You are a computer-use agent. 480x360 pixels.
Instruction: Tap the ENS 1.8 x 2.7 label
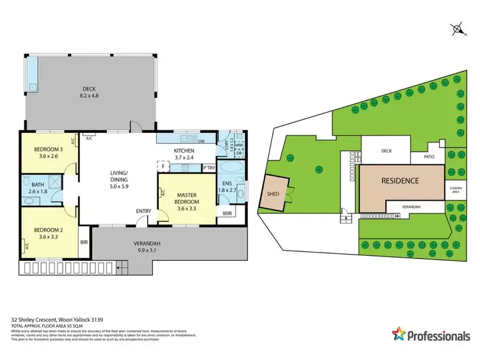point(228,186)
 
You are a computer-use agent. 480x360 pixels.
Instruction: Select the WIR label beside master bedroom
point(228,213)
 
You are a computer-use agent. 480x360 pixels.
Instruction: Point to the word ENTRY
point(144,212)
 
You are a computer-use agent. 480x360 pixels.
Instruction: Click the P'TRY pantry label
point(208,168)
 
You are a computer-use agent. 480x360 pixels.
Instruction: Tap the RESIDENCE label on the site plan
point(401,181)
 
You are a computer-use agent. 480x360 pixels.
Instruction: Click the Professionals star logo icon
point(399,334)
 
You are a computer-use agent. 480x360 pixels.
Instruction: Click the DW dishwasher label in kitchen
point(201,142)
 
